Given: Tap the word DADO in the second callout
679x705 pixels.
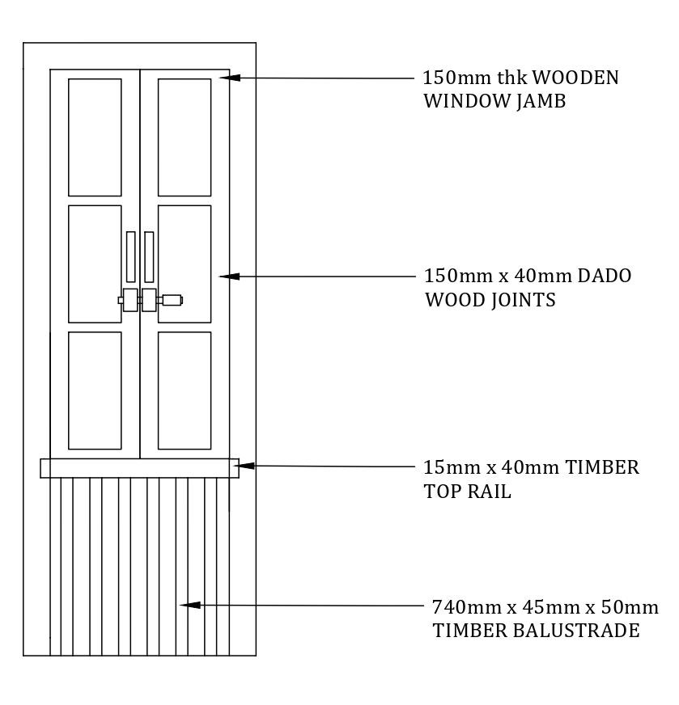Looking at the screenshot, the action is [x=604, y=276].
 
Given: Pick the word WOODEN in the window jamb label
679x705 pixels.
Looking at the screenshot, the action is [x=575, y=78].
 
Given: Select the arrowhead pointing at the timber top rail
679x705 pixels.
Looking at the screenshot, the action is [x=245, y=466].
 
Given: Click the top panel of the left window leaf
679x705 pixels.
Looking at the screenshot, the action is [x=95, y=137].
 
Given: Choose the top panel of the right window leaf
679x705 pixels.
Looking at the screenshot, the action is [x=185, y=137].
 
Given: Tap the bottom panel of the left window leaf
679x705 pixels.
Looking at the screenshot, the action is [x=95, y=390].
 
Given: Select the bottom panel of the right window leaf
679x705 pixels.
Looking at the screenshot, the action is [x=185, y=390].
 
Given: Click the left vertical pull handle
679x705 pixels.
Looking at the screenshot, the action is [x=130, y=257].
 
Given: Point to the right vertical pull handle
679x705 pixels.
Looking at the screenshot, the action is [x=149, y=257].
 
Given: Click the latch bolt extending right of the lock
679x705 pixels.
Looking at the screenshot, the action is [x=172, y=300].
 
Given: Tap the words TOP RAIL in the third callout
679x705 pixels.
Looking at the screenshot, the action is [x=467, y=492].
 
